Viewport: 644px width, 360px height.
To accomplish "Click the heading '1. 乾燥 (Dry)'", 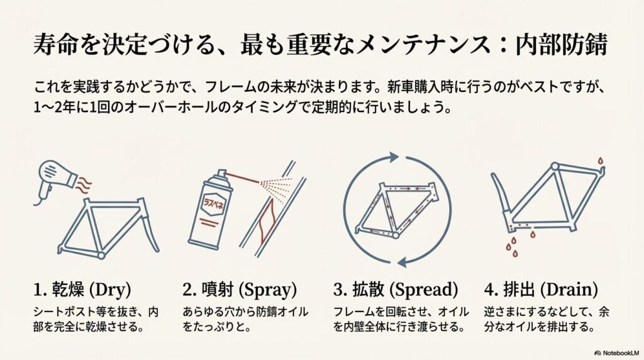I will pyautogui.click(x=81, y=290).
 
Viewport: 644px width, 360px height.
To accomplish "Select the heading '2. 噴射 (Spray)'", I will pyautogui.click(x=240, y=290).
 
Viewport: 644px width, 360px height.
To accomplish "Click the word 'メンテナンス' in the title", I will pyautogui.click(x=414, y=48).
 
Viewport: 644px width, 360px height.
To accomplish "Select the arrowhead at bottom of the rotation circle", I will pyautogui.click(x=397, y=258).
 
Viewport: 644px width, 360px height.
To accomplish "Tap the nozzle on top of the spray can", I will pyautogui.click(x=219, y=174).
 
